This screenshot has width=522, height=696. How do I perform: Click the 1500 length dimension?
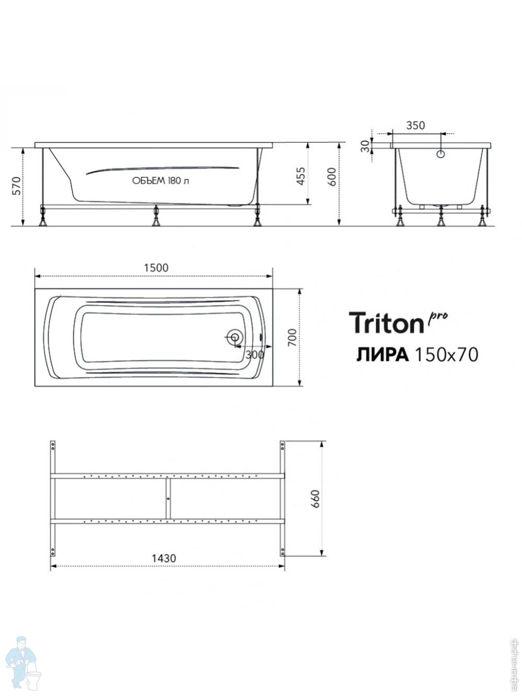click(x=156, y=268)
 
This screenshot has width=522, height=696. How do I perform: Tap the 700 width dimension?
click(x=292, y=338)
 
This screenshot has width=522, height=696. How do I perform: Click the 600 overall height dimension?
click(x=331, y=177)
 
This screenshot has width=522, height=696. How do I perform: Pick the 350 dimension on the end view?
click(x=415, y=125)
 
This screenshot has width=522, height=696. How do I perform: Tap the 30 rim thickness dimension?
click(x=365, y=146)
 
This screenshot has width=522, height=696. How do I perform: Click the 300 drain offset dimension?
click(x=255, y=355)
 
